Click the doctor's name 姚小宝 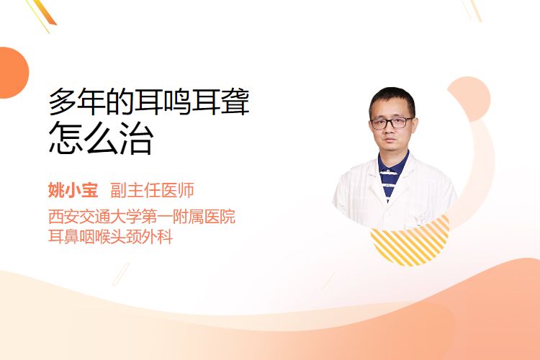pyautogui.click(x=73, y=191)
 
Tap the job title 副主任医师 pyautogui.click(x=152, y=191)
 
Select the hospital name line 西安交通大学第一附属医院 pyautogui.click(x=142, y=217)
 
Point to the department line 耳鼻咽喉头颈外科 pyautogui.click(x=110, y=237)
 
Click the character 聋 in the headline pyautogui.click(x=235, y=102)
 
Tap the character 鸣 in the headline pyautogui.click(x=178, y=102)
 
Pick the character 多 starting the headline pyautogui.click(x=63, y=102)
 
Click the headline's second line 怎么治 pyautogui.click(x=101, y=138)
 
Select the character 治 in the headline pyautogui.click(x=137, y=138)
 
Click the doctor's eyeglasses pyautogui.click(x=392, y=123)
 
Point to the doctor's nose pyautogui.click(x=391, y=131)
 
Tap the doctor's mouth pyautogui.click(x=390, y=142)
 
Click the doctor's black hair pyautogui.click(x=392, y=99)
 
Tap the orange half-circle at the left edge pyautogui.click(x=13, y=73)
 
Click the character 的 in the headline pyautogui.click(x=120, y=102)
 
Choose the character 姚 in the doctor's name pyautogui.click(x=55, y=191)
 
